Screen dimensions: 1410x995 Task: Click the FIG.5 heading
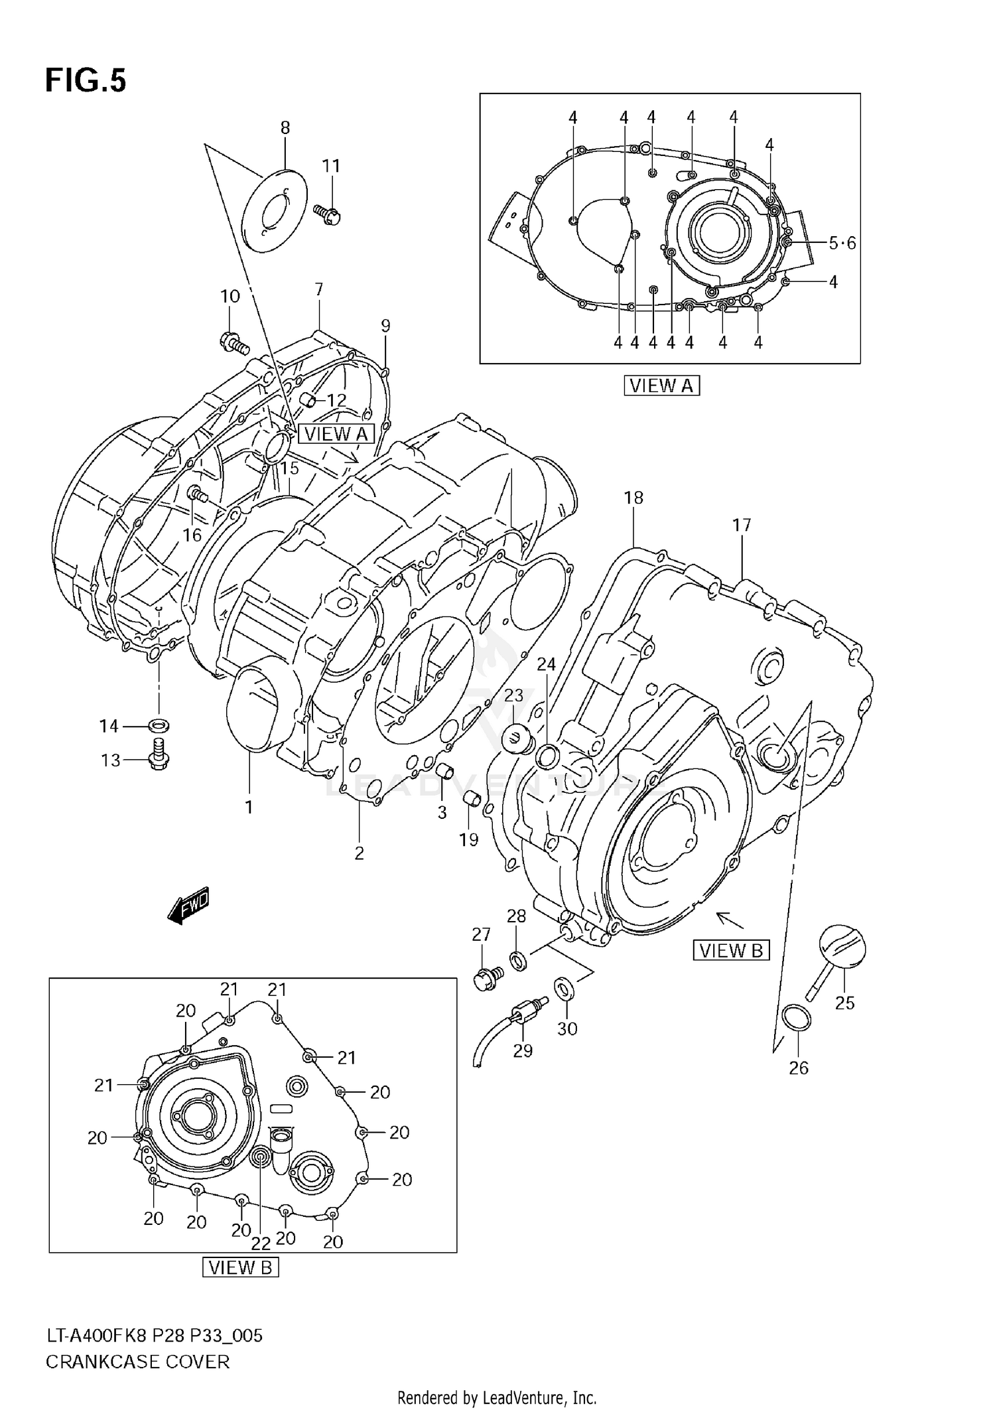85,81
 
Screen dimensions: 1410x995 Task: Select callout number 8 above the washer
285,127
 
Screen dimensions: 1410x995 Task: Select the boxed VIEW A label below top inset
661,386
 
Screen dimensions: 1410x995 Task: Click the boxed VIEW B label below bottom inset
240,1267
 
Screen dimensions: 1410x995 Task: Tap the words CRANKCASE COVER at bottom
137,1362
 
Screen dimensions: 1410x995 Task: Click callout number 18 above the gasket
633,498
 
